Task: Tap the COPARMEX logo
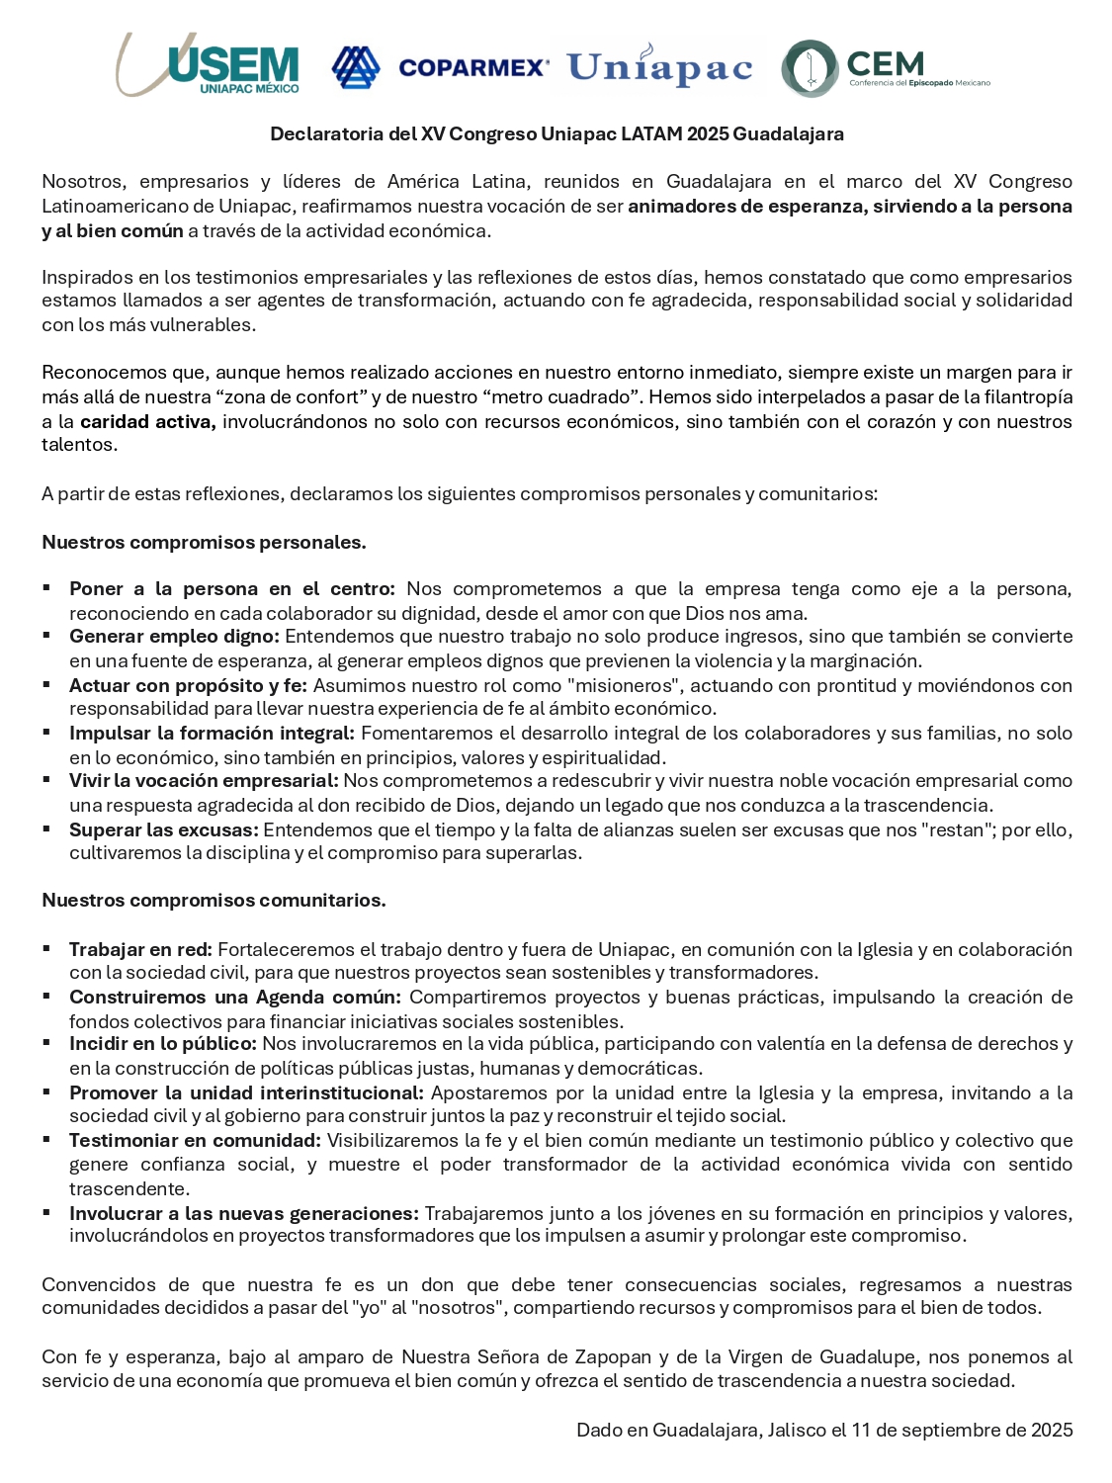point(440,67)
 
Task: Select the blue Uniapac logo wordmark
point(659,66)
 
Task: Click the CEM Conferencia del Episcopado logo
point(885,68)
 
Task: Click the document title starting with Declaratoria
point(556,133)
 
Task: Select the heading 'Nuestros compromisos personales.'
point(204,542)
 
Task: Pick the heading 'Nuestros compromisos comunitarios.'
point(214,900)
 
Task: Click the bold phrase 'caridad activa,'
point(147,421)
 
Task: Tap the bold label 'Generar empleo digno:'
point(174,637)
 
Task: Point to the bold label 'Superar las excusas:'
point(164,829)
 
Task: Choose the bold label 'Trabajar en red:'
point(140,949)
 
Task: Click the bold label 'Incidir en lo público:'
point(163,1044)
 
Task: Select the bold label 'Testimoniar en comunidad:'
point(195,1140)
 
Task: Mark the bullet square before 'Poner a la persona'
point(46,587)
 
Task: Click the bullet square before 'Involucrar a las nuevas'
point(46,1212)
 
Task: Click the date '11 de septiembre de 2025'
point(962,1430)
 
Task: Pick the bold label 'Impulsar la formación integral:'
point(212,733)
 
